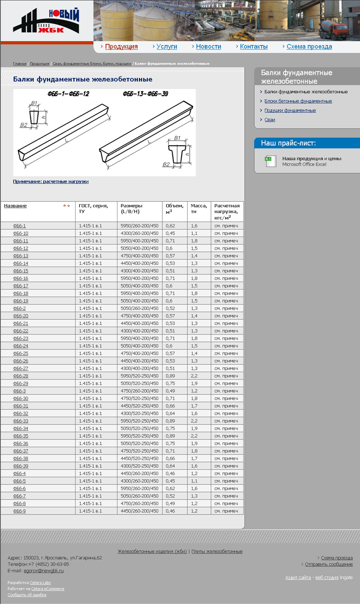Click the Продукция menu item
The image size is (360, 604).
pyautogui.click(x=121, y=47)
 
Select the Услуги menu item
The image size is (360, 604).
pyautogui.click(x=167, y=47)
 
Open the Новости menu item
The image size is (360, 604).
pyautogui.click(x=208, y=47)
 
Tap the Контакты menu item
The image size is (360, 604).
pyautogui.click(x=254, y=47)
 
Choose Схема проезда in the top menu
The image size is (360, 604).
pyautogui.click(x=309, y=47)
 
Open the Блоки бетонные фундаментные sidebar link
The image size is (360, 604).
pyautogui.click(x=298, y=101)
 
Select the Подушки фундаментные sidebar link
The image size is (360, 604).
pyautogui.click(x=290, y=111)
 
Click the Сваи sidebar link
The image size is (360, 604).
pyautogui.click(x=270, y=120)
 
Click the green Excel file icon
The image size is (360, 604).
pyautogui.click(x=270, y=161)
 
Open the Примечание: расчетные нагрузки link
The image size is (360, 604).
pyautogui.click(x=51, y=182)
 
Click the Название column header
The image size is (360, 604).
pyautogui.click(x=15, y=206)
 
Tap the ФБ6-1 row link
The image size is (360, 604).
pyautogui.click(x=19, y=226)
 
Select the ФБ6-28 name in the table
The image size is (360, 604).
pyautogui.click(x=21, y=376)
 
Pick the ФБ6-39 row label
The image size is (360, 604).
pyautogui.click(x=21, y=466)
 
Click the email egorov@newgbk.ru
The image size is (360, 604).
pyautogui.click(x=44, y=571)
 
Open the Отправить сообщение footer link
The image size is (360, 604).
pyautogui.click(x=328, y=564)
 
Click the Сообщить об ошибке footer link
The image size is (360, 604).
pyautogui.click(x=27, y=595)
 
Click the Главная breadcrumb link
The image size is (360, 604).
pyautogui.click(x=20, y=64)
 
